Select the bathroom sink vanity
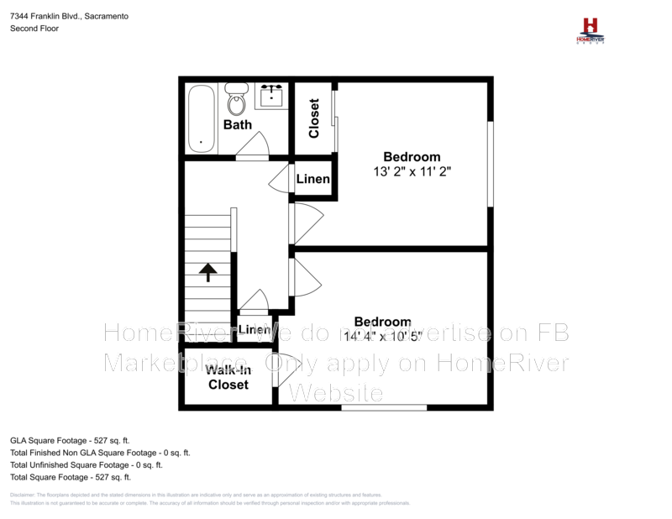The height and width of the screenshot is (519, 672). click(272, 95)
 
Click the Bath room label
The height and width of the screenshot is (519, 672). click(237, 125)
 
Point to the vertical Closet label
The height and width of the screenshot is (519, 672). click(314, 118)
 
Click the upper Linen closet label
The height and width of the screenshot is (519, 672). click(313, 180)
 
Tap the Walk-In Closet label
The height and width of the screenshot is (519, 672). click(228, 377)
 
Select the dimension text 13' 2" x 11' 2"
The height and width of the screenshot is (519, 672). click(412, 171)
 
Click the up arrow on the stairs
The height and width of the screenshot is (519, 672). click(207, 272)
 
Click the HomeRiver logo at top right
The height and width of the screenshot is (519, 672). click(591, 30)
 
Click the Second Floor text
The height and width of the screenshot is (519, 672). click(34, 29)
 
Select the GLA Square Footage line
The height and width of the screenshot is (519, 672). click(70, 439)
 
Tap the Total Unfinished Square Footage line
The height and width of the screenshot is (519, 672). click(86, 464)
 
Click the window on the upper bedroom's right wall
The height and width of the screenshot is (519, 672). click(490, 163)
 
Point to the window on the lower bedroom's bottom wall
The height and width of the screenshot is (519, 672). click(383, 408)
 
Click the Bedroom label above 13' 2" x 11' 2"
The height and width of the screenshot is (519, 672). click(412, 156)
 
